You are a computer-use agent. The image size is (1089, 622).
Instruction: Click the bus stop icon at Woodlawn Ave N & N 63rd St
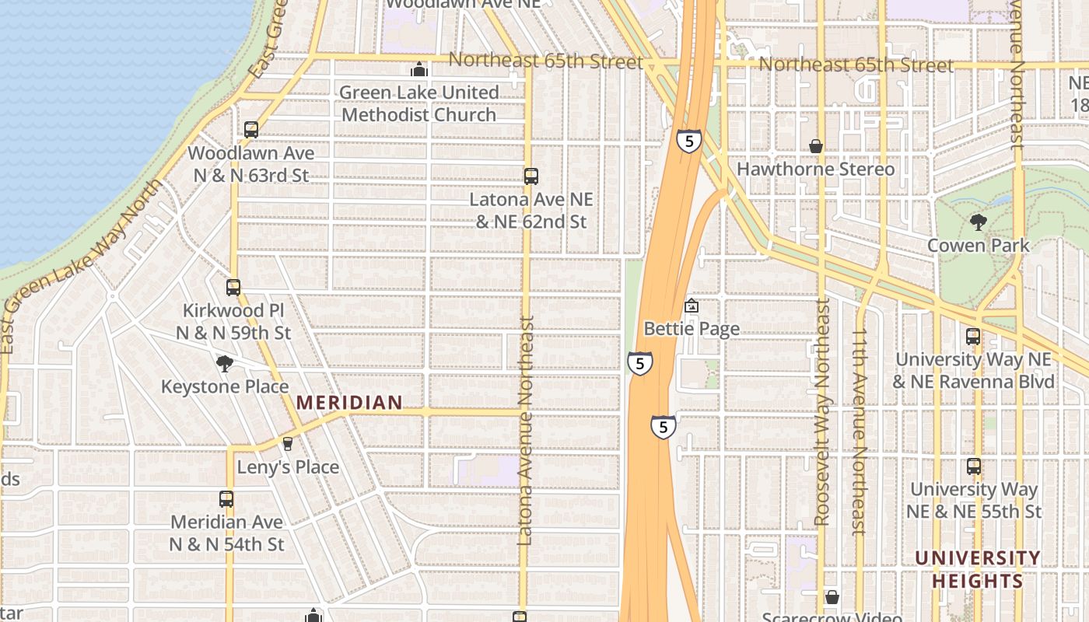coord(251,130)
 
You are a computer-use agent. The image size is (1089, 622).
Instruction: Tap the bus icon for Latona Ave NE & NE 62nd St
coord(531,176)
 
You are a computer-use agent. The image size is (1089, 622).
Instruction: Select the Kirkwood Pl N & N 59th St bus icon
coord(233,288)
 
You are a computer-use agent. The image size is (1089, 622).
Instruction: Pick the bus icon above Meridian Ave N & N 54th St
coord(226,499)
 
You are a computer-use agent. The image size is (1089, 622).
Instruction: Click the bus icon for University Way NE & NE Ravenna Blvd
coord(973,337)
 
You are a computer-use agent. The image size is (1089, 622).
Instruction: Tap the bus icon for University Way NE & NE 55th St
coord(974,466)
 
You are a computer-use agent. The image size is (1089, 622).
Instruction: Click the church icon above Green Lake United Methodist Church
coord(419,70)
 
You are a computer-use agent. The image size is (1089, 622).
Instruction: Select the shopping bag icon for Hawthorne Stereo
coord(816,146)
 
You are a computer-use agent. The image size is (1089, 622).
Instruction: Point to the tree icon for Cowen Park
coord(979,223)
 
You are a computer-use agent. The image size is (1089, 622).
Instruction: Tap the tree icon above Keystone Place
coord(225,363)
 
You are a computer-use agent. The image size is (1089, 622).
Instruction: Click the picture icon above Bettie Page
coord(692,306)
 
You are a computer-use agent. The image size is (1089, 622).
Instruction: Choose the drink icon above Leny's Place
coord(288,444)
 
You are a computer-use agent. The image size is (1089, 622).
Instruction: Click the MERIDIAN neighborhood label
coord(349,403)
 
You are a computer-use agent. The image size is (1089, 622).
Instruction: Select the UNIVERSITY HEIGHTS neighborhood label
coord(977,569)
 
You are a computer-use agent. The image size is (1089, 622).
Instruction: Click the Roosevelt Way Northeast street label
coord(822,412)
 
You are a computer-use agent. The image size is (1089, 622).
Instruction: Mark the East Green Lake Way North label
coord(82,264)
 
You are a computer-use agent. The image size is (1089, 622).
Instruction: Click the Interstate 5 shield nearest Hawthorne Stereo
coord(688,141)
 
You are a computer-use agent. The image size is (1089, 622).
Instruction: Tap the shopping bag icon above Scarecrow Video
coord(832,597)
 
